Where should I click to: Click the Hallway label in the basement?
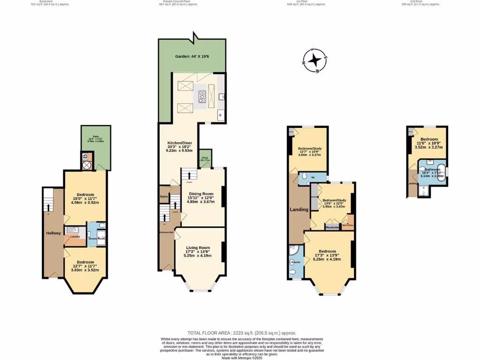pos(53,233)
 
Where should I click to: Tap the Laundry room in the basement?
pos(75,237)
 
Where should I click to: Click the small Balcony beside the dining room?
pos(205,159)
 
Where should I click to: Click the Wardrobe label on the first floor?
pos(332,227)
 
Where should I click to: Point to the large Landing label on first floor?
pos(299,210)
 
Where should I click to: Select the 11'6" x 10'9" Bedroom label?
pos(429,143)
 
